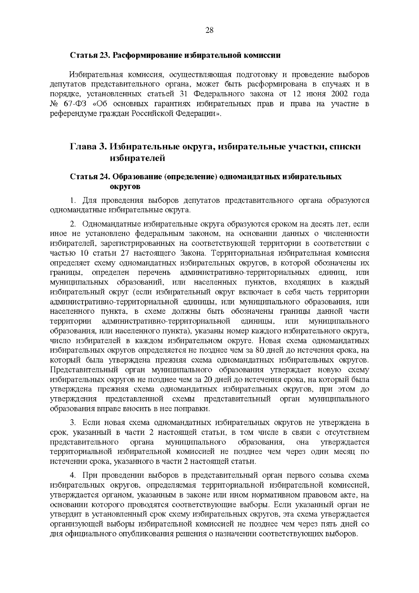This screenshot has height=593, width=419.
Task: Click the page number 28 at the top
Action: coord(209,30)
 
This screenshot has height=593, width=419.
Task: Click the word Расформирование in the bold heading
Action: coord(148,55)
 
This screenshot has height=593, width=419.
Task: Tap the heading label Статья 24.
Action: coord(90,177)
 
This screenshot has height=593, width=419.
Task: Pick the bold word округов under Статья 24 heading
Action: coord(125,187)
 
